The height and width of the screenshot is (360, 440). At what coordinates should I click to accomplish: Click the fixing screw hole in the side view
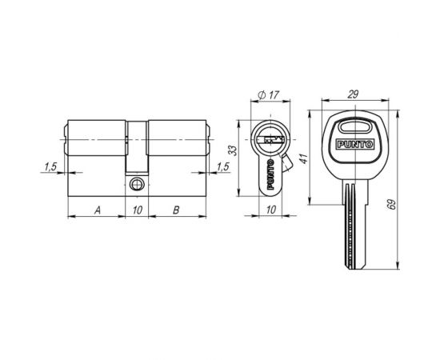pos(137,182)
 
